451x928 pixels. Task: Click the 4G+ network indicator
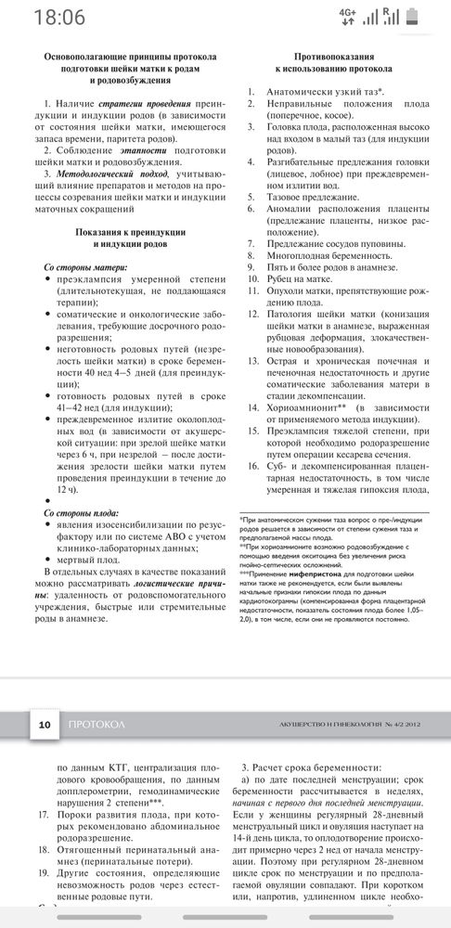pyautogui.click(x=374, y=16)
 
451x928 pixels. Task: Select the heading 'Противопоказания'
pyautogui.click(x=331, y=57)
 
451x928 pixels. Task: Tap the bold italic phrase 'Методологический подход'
pyautogui.click(x=110, y=174)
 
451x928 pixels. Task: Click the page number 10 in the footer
pyautogui.click(x=44, y=725)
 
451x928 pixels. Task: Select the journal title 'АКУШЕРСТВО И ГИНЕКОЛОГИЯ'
pyautogui.click(x=333, y=725)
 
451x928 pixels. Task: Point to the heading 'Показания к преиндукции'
pyautogui.click(x=127, y=229)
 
